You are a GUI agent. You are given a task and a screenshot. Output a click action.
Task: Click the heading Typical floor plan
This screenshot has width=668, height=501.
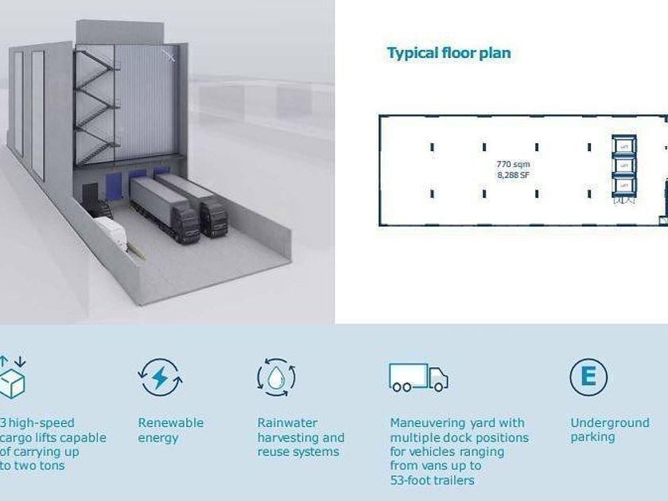(449, 53)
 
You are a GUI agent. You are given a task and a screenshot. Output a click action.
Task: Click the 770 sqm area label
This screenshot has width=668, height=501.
(513, 164)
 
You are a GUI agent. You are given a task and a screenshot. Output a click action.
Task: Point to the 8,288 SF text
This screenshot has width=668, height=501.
(513, 174)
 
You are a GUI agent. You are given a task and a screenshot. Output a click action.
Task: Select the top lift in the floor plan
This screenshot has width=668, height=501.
(624, 146)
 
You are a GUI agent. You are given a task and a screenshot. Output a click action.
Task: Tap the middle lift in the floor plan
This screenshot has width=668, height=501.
(624, 165)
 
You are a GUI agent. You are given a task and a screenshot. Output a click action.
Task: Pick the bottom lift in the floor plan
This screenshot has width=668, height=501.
(624, 185)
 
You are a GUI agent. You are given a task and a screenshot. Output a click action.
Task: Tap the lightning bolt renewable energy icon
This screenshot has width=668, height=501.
(160, 377)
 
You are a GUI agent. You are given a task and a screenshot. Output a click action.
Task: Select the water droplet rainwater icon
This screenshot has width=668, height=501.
(276, 377)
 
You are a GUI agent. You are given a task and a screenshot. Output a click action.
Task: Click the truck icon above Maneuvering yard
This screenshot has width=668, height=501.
(418, 378)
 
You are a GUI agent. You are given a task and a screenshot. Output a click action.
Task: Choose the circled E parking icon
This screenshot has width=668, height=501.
(588, 377)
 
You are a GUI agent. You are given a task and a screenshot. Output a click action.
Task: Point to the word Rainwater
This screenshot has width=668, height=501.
(287, 423)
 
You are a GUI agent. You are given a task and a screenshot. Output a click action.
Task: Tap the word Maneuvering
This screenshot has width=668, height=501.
(435, 423)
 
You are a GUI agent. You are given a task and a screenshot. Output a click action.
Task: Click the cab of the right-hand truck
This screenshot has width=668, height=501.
(213, 219)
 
